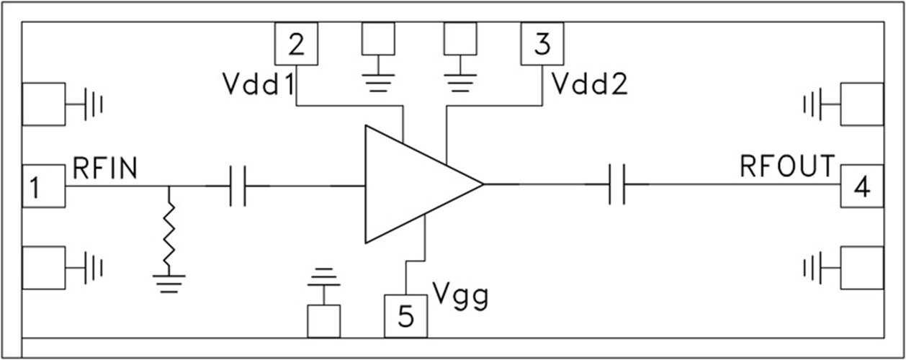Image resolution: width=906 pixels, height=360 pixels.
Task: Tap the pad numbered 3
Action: [x=542, y=43]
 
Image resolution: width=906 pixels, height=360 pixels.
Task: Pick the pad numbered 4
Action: [x=861, y=186]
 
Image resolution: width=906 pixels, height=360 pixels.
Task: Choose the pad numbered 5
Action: [x=405, y=315]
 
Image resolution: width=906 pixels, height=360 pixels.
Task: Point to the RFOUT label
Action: [x=787, y=166]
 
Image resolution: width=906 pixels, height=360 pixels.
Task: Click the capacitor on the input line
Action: [x=238, y=186]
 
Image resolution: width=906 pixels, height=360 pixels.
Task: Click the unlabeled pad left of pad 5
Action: [x=323, y=321]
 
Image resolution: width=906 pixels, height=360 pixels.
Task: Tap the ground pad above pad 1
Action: [x=43, y=104]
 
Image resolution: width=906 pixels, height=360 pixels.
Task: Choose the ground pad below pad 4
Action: [x=861, y=268]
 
